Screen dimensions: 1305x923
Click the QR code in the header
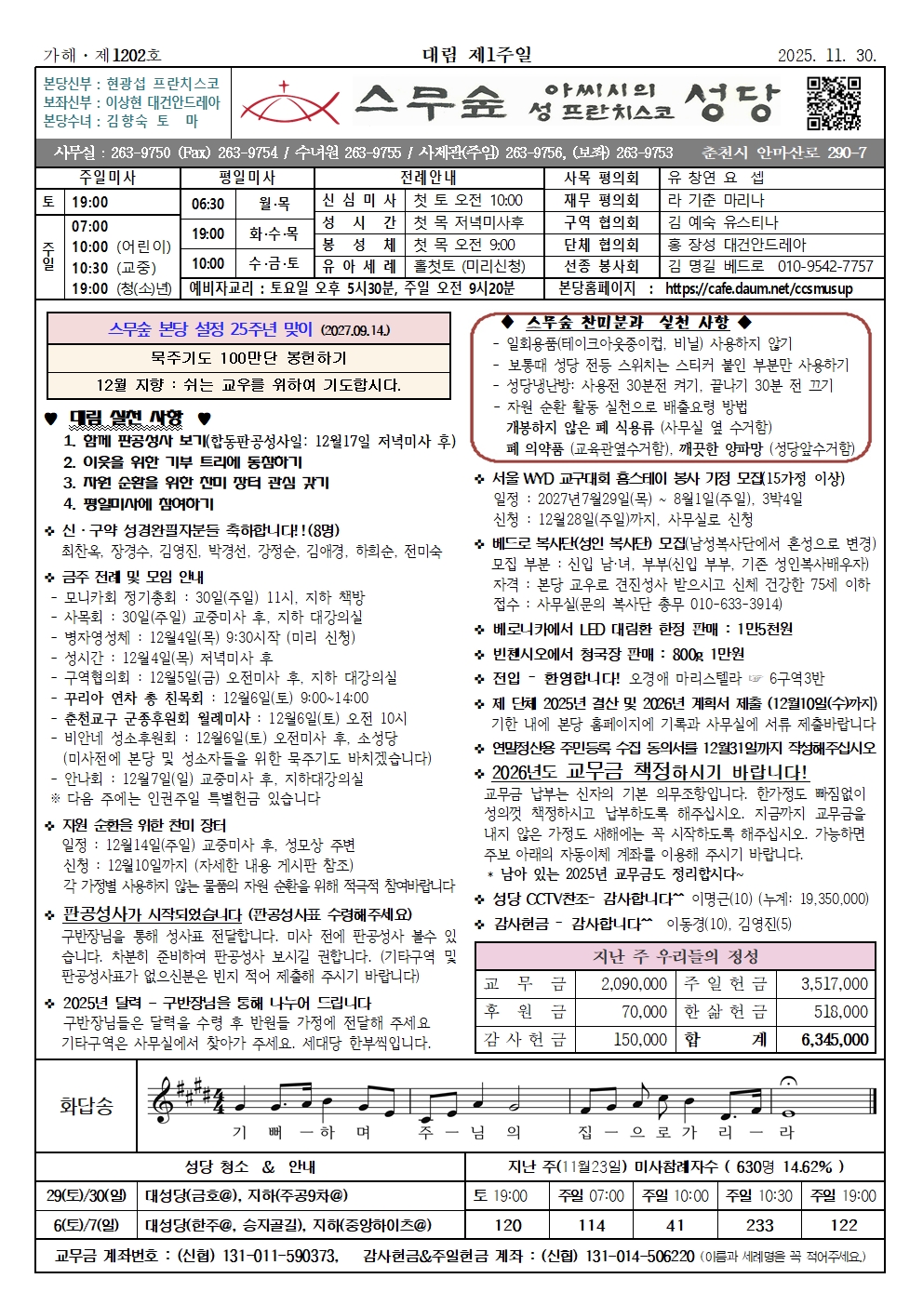click(833, 102)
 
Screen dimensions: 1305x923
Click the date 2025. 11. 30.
click(826, 56)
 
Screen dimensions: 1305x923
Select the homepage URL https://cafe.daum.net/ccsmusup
click(758, 288)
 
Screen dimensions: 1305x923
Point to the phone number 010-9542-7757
click(825, 267)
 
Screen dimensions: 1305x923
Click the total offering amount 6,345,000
click(835, 1040)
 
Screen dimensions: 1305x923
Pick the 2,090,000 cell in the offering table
click(634, 984)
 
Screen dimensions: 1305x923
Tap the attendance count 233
click(759, 1225)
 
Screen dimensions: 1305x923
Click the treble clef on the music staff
click(165, 1100)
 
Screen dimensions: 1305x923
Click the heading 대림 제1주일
click(477, 55)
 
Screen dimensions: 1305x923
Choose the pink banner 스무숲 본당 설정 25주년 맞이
click(248, 329)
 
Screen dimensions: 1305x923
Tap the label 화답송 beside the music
click(87, 1105)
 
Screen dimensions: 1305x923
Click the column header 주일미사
click(108, 177)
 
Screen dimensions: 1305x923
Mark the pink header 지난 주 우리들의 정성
click(676, 956)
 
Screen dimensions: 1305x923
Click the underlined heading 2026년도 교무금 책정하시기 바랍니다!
click(649, 772)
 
